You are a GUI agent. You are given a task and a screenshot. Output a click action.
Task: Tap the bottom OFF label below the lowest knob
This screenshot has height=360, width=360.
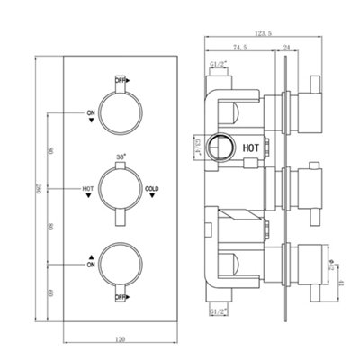tap(120, 295)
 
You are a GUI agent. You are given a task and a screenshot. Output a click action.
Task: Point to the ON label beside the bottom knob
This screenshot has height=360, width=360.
tap(91, 265)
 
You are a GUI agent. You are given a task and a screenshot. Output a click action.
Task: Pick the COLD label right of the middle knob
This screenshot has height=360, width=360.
tap(152, 188)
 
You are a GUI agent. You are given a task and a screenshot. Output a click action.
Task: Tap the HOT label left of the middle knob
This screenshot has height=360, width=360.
tap(88, 188)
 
